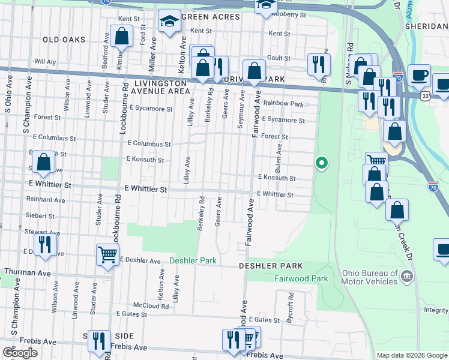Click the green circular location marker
[322, 162]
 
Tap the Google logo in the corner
[20, 353]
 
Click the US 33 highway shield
[408, 95]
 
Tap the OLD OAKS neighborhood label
[64, 40]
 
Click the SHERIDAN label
[426, 27]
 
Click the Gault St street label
[279, 58]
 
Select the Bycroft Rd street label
[291, 304]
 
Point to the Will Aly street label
[45, 61]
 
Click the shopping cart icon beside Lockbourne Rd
[107, 254]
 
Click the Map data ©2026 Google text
[412, 355]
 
